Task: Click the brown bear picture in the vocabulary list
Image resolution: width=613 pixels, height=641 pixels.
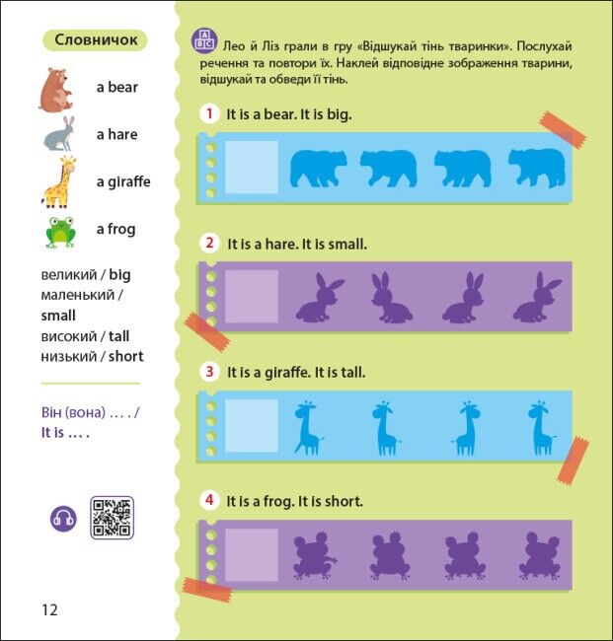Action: pos(56,91)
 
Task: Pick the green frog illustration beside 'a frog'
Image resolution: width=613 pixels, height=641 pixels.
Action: pos(60,233)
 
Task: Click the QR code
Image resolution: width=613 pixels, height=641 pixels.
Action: pos(112,518)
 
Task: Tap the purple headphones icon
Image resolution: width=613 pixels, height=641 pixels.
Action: pos(63,519)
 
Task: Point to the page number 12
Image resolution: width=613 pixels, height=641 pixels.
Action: pos(49,609)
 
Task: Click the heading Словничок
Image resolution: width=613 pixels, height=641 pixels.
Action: pos(96,40)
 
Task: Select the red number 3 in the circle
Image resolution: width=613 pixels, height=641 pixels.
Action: pos(209,372)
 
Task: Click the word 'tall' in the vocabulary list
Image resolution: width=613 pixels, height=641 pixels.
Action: pos(118,336)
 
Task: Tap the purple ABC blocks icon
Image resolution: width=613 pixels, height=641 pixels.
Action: pos(204,41)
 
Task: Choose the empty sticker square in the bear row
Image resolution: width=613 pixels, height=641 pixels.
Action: pos(252,168)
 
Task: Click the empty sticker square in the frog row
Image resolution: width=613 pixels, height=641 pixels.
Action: pos(252,555)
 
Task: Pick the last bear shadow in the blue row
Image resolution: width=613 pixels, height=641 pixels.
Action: pos(537,168)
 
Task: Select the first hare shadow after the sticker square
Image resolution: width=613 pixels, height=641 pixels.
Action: pos(319,297)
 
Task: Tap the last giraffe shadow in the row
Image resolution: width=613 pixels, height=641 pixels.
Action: pos(542,428)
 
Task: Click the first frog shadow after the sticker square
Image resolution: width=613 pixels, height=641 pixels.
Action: pos(314,555)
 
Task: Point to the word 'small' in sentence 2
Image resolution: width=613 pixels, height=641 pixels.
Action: pos(347,245)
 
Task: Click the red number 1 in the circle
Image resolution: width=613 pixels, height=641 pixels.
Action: pos(209,113)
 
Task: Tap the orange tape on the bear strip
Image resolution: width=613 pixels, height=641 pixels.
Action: pos(563,130)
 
